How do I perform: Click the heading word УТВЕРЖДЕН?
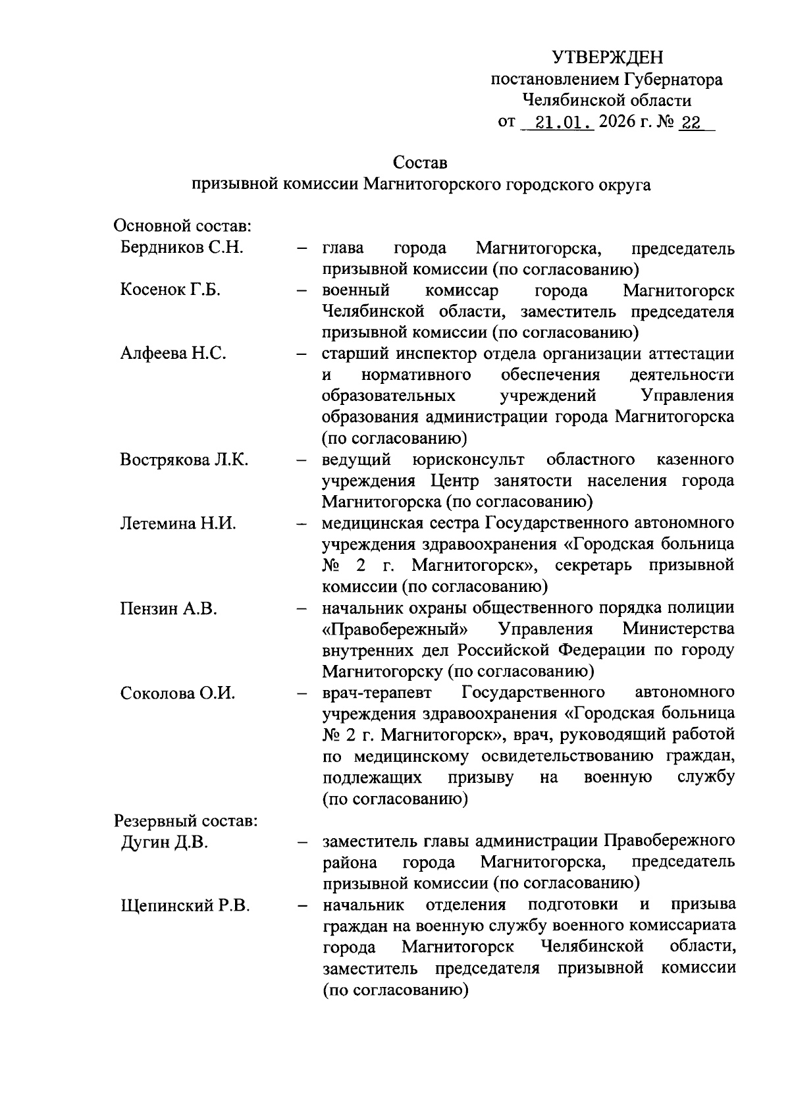click(x=608, y=58)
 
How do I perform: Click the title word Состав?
click(x=420, y=162)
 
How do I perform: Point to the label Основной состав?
click(x=184, y=226)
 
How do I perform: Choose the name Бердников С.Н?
click(x=182, y=248)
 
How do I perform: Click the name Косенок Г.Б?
click(x=170, y=290)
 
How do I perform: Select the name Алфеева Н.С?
click(x=173, y=354)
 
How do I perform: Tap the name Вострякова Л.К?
click(x=184, y=460)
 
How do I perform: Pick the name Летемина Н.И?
click(x=178, y=523)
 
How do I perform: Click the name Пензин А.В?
click(x=169, y=608)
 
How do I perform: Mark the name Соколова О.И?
click(x=178, y=693)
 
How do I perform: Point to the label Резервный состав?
click(x=186, y=821)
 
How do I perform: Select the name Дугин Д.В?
click(x=164, y=842)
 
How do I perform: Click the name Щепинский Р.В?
click(x=185, y=906)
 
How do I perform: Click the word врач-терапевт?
click(x=377, y=693)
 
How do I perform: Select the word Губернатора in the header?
click(x=672, y=80)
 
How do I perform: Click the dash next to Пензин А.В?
click(x=302, y=608)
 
